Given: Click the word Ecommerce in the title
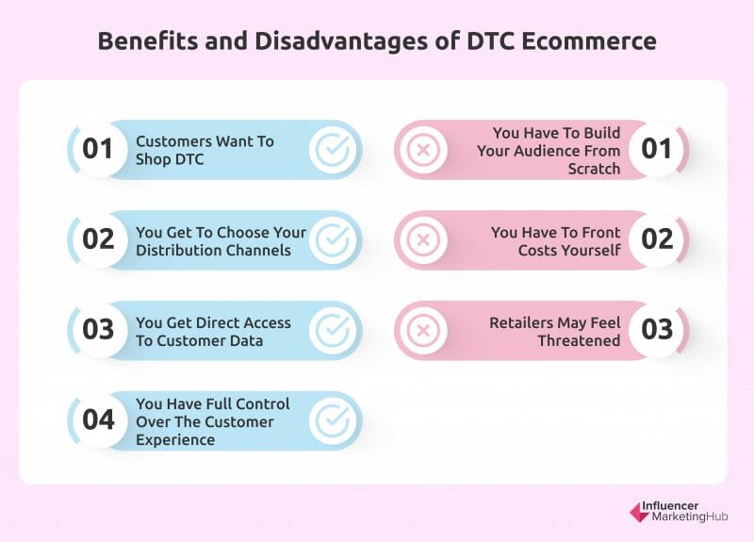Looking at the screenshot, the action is coord(588,41).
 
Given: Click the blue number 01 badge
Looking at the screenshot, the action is coord(98,149).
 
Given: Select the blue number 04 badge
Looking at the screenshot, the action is coord(98,419).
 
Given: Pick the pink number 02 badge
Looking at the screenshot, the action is coord(656,239).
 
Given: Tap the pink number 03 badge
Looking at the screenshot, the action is coord(656,329).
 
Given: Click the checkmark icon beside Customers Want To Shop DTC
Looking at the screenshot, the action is coord(333,150).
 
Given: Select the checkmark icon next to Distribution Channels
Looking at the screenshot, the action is coord(333,239).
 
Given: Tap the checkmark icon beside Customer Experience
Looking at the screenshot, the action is coord(333,420).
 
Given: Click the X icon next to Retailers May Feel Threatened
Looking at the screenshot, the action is coord(423,331).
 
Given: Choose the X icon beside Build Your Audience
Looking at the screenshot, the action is coord(423,150).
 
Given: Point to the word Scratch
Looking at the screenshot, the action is coord(595,169).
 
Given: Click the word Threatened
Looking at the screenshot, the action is coord(579,340).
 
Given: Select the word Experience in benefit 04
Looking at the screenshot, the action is coord(175,440).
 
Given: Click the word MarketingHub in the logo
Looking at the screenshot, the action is coord(690,517).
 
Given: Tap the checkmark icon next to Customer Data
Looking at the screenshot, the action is coord(333,331).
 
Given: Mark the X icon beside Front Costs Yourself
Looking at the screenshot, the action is coord(423,239).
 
